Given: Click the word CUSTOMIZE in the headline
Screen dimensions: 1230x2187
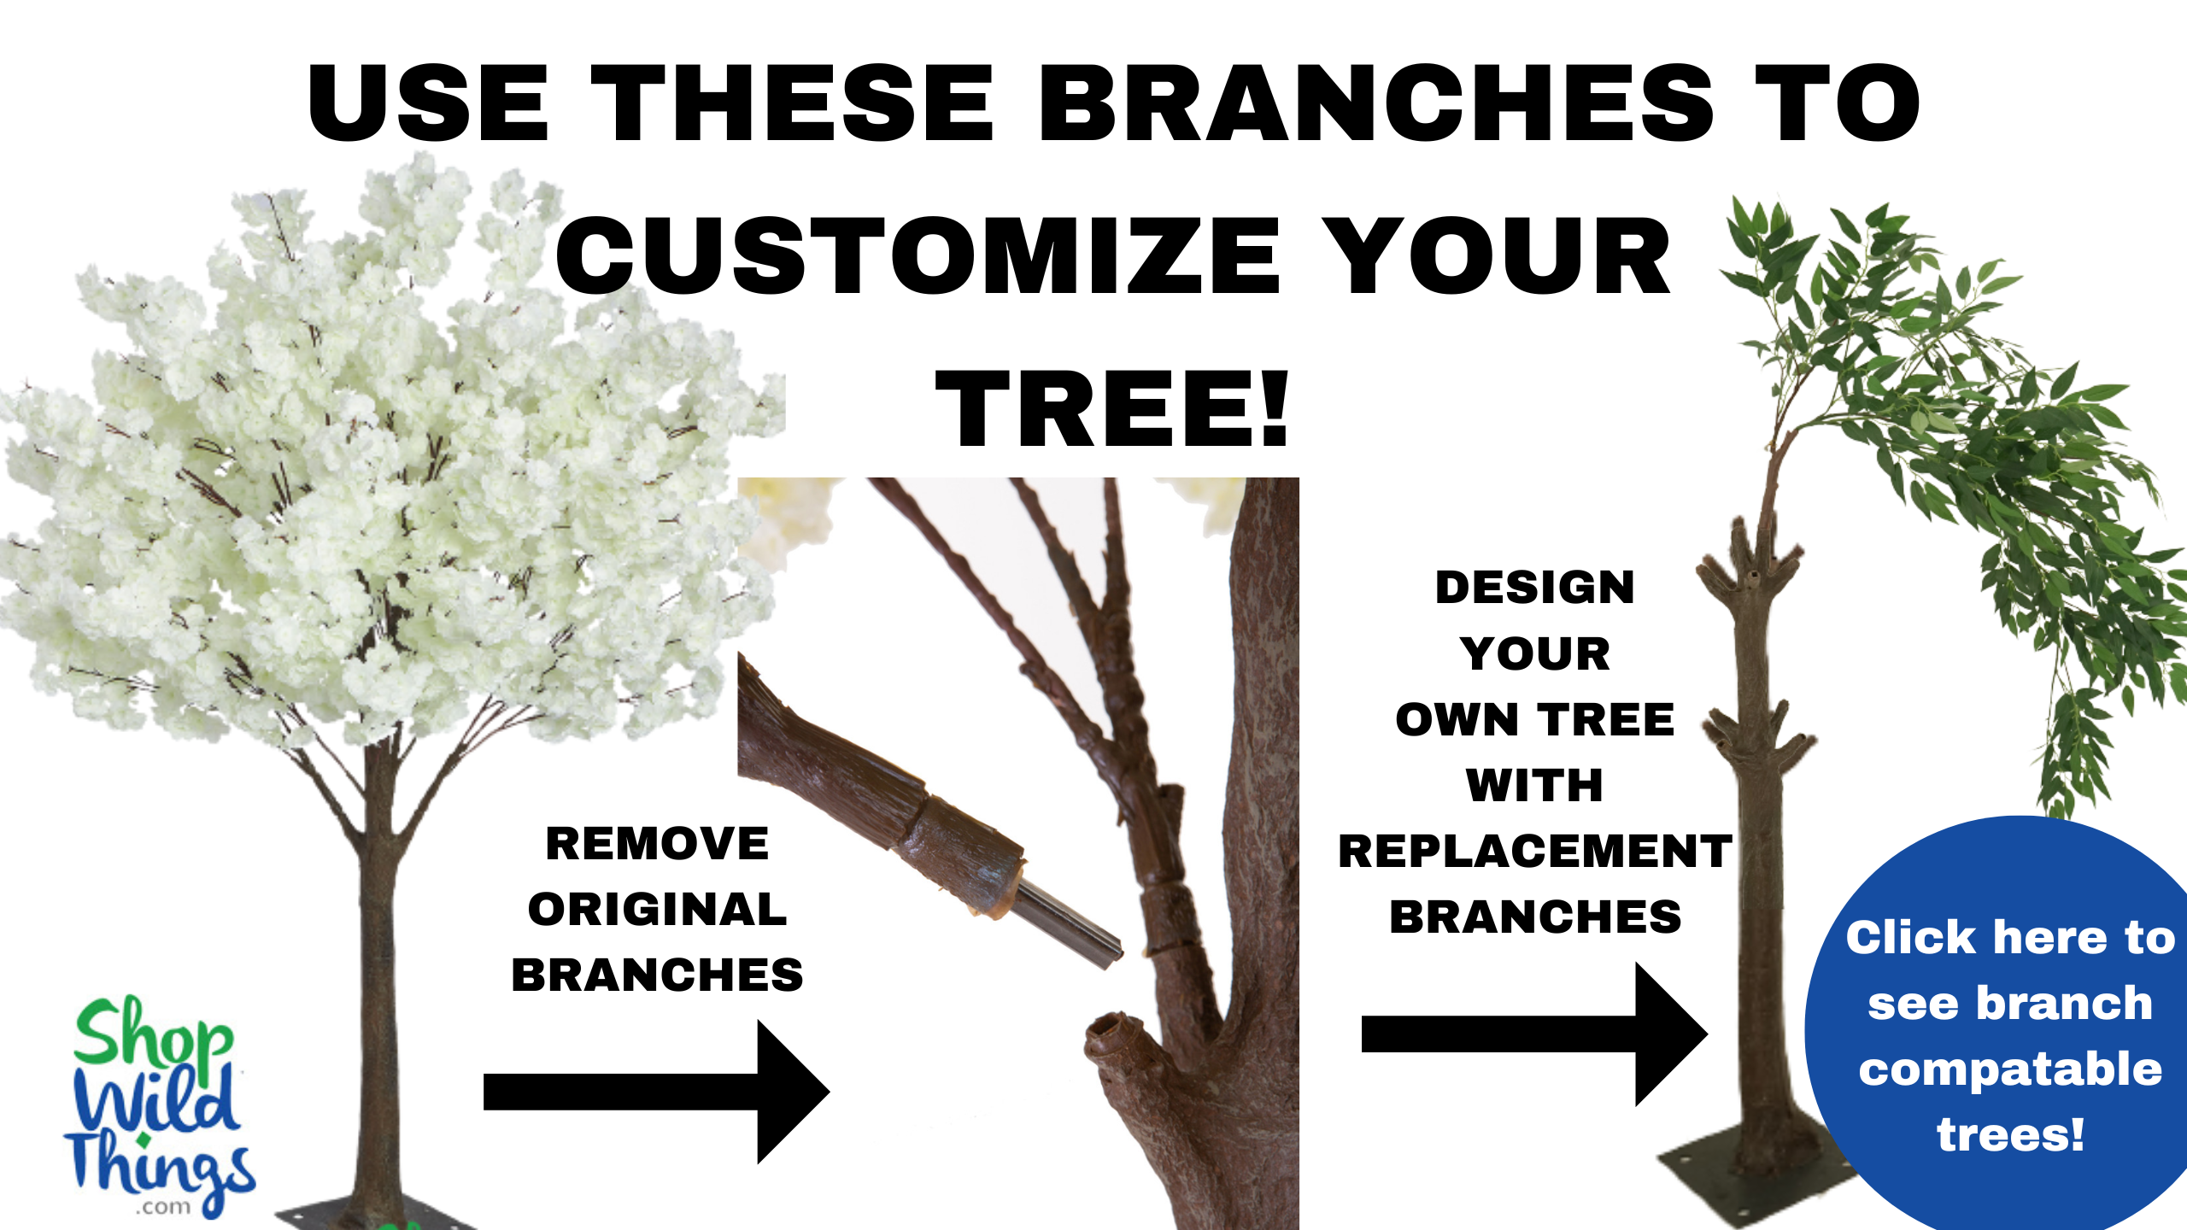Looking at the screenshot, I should click(x=918, y=256).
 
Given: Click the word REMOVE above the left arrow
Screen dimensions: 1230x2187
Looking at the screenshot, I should click(x=657, y=844).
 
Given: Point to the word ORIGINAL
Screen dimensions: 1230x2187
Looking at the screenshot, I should click(x=657, y=909).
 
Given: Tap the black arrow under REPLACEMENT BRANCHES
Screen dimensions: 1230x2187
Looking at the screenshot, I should click(x=1533, y=1034).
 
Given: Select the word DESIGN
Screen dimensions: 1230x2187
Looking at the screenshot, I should click(x=1534, y=588).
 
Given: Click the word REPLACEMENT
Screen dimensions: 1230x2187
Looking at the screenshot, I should click(x=1534, y=851).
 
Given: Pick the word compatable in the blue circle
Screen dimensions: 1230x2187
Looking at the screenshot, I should click(x=2010, y=1069).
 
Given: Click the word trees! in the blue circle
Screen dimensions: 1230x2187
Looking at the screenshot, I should click(x=2010, y=1134).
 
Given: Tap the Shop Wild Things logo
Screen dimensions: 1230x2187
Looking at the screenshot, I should click(x=158, y=1106).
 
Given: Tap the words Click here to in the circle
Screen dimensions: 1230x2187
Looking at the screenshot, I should click(x=2010, y=938).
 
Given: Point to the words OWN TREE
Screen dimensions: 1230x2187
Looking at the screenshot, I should click(x=1534, y=719).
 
